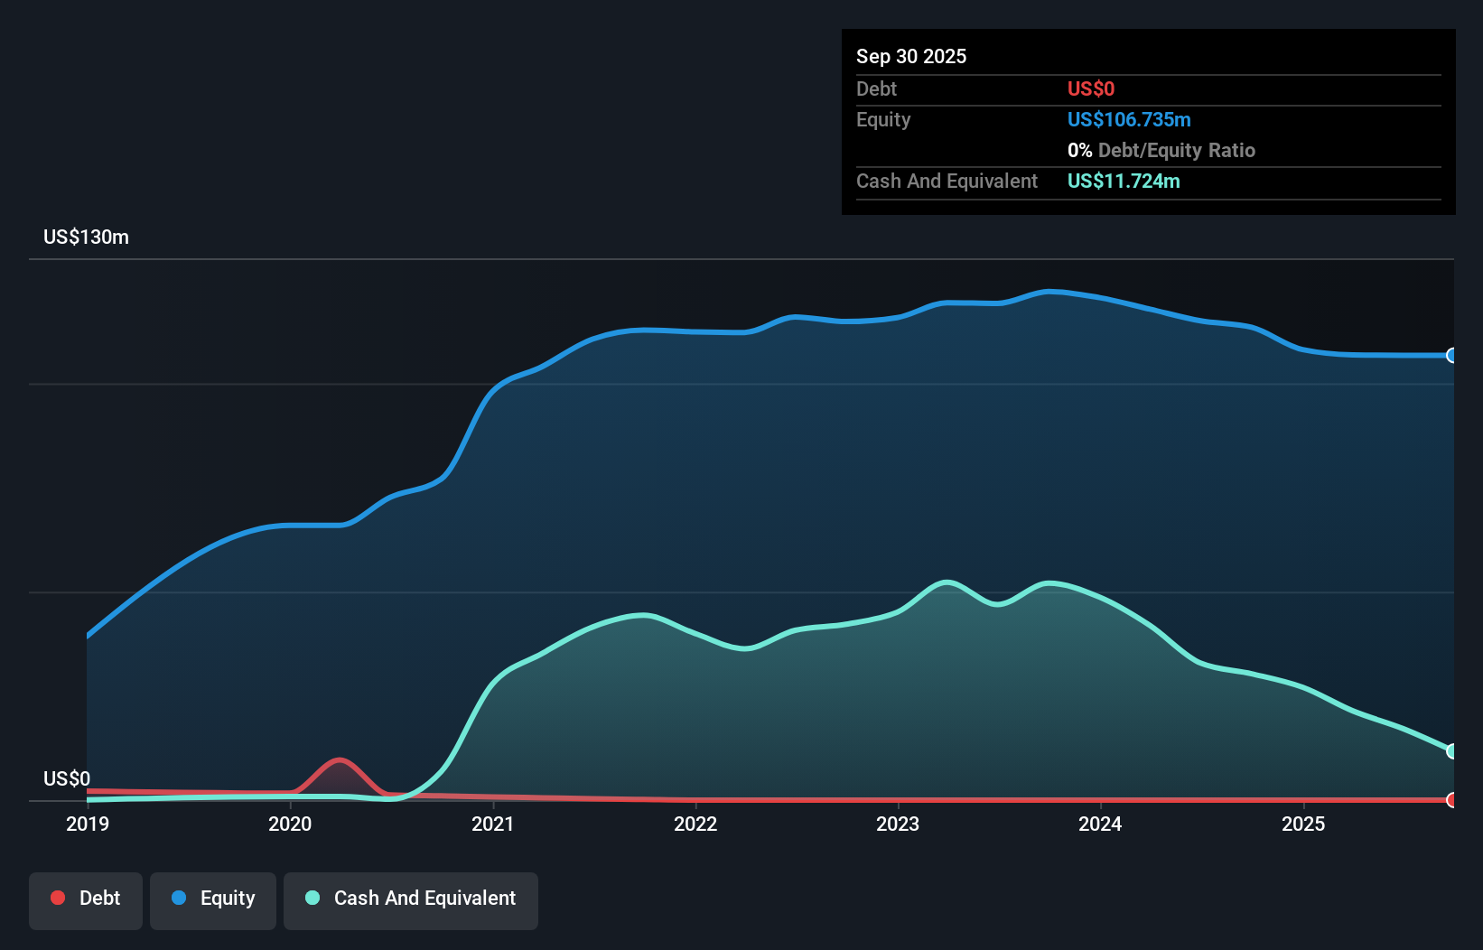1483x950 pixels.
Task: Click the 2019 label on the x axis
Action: click(88, 824)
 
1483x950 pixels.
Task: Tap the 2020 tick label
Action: click(290, 824)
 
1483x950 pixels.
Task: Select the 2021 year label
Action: click(493, 824)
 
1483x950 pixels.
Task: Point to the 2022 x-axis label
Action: click(695, 824)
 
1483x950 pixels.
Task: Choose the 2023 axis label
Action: click(898, 824)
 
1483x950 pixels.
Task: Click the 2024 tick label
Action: click(1100, 824)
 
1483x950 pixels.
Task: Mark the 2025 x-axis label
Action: click(1303, 824)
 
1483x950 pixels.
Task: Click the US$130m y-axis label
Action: click(86, 237)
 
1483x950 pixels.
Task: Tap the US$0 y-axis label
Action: click(67, 778)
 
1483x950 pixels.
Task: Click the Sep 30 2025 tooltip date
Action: click(910, 56)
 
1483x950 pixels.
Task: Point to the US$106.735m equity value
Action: click(1128, 119)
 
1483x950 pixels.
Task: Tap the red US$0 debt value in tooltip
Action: click(1090, 88)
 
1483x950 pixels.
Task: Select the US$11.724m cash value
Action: click(1123, 181)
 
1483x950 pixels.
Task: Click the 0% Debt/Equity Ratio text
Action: click(1161, 150)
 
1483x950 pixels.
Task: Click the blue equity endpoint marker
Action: click(1451, 356)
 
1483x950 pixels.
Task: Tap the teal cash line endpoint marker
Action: click(1451, 751)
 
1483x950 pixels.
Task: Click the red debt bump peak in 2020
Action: click(340, 760)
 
